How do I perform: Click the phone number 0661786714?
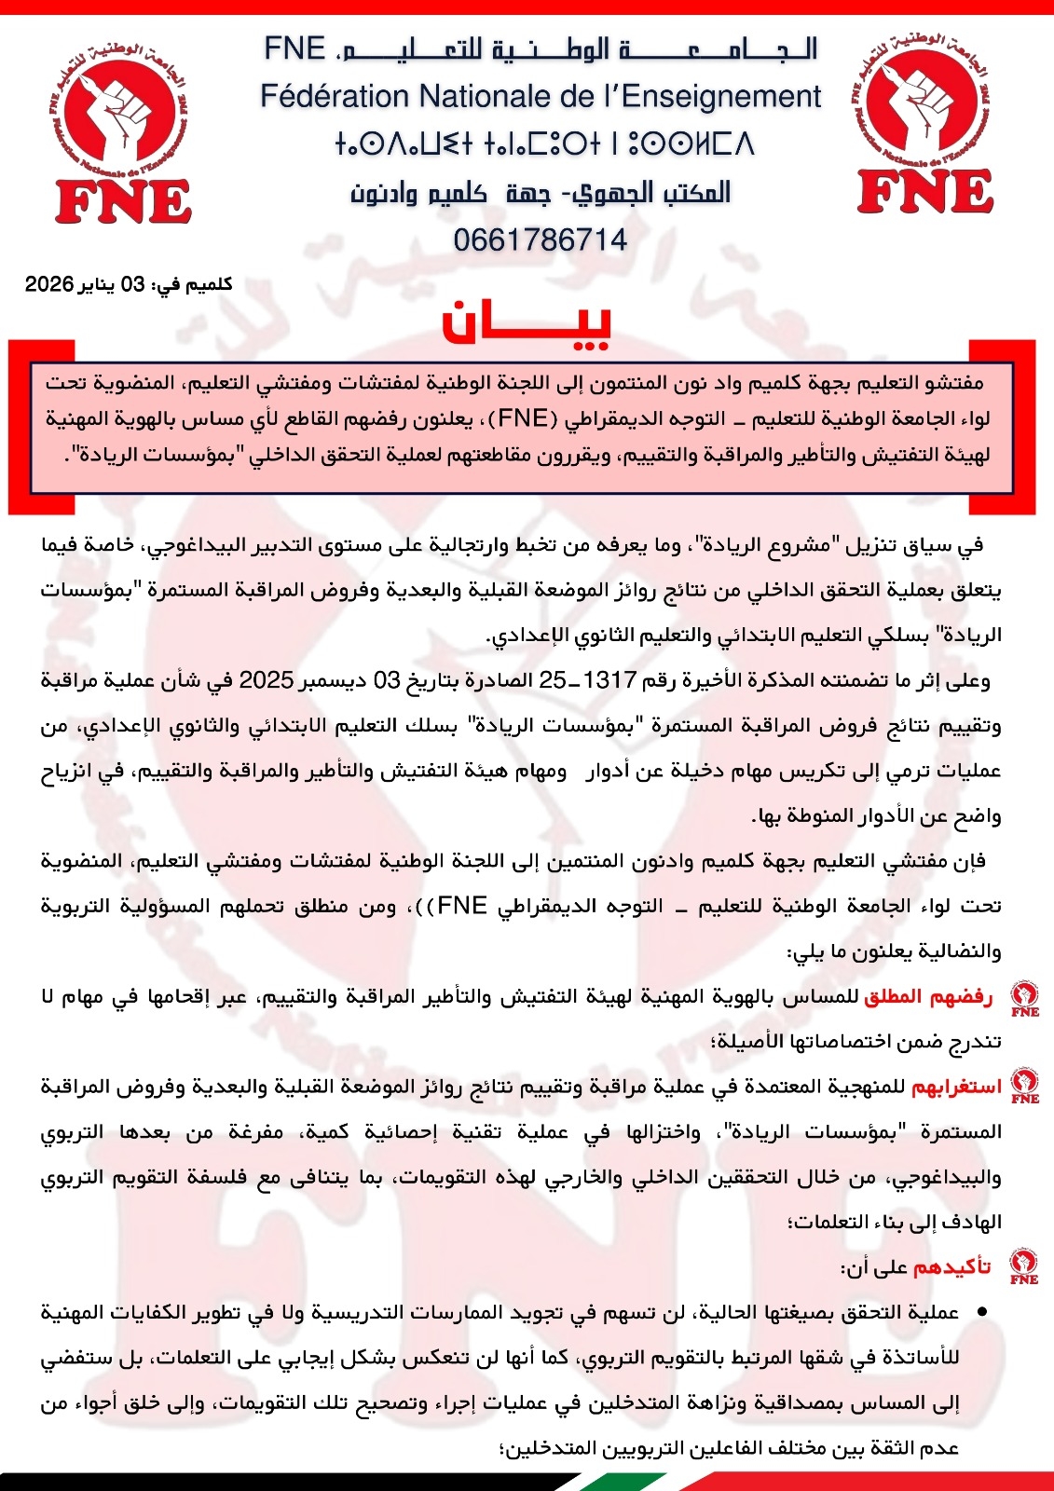point(540,240)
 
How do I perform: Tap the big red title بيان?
point(527,322)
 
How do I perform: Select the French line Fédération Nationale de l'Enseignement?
point(541,96)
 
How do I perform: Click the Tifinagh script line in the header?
point(544,144)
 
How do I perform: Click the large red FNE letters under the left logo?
point(123,201)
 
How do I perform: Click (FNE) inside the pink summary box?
point(522,418)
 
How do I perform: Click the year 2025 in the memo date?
point(267,680)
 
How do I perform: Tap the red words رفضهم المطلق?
point(927,997)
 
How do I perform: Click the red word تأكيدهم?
point(951,1267)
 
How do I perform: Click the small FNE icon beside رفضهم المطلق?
point(1025,998)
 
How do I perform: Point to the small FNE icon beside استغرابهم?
point(1025,1086)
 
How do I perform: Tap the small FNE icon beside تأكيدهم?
point(1024,1266)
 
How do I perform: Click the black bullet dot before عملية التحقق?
point(980,1312)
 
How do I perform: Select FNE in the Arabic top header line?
point(294,48)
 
